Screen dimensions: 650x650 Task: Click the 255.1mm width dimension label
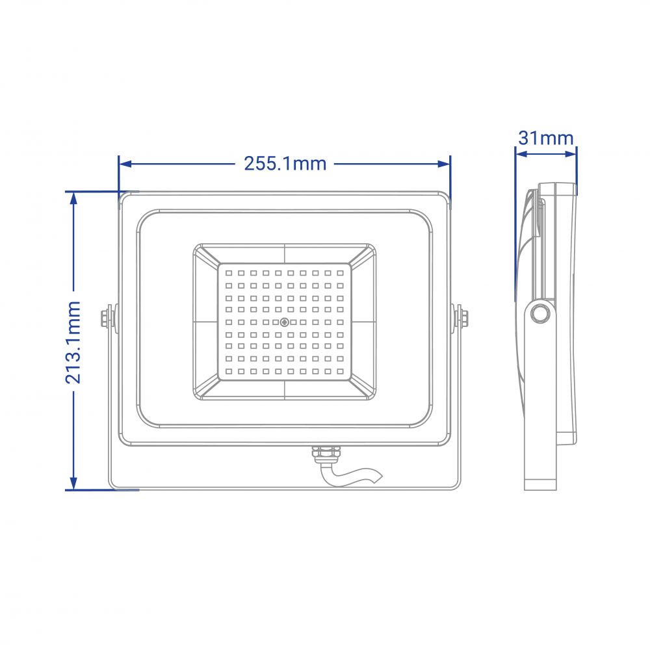(285, 164)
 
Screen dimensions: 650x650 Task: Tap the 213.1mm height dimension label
(73, 343)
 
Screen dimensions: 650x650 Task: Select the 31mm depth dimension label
(546, 138)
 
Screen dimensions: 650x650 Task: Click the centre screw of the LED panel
(285, 322)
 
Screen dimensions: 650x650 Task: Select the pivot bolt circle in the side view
(539, 313)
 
